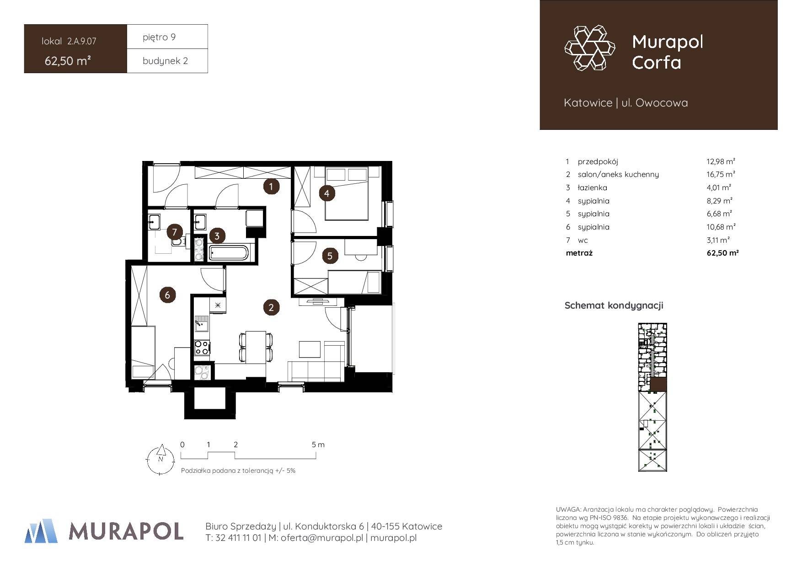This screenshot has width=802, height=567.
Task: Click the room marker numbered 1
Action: (271, 186)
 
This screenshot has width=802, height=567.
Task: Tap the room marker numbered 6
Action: (167, 295)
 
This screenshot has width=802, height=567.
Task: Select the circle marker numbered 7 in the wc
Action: (174, 232)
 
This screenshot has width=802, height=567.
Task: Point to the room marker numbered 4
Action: (326, 193)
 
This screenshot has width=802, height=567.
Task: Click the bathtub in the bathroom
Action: (229, 253)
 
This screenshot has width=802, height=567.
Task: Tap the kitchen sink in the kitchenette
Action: (201, 324)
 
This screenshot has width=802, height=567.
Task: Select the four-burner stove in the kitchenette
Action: (202, 348)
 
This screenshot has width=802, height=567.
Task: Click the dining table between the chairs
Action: (256, 347)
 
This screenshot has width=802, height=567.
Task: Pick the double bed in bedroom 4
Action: (346, 193)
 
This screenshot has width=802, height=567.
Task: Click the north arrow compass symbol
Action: (161, 459)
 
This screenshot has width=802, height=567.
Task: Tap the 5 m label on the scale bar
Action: (318, 444)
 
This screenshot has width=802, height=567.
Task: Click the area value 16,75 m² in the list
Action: (721, 174)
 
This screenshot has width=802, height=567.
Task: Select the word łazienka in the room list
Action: (593, 187)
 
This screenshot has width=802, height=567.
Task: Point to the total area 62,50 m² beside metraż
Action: (722, 252)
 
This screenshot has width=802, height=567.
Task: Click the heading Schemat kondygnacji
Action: (614, 305)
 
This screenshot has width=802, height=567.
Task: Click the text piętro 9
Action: (159, 37)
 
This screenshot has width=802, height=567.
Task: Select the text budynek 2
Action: (165, 61)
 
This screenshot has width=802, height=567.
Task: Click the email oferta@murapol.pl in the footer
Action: (315, 538)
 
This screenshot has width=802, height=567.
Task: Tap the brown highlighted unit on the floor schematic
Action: (658, 385)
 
